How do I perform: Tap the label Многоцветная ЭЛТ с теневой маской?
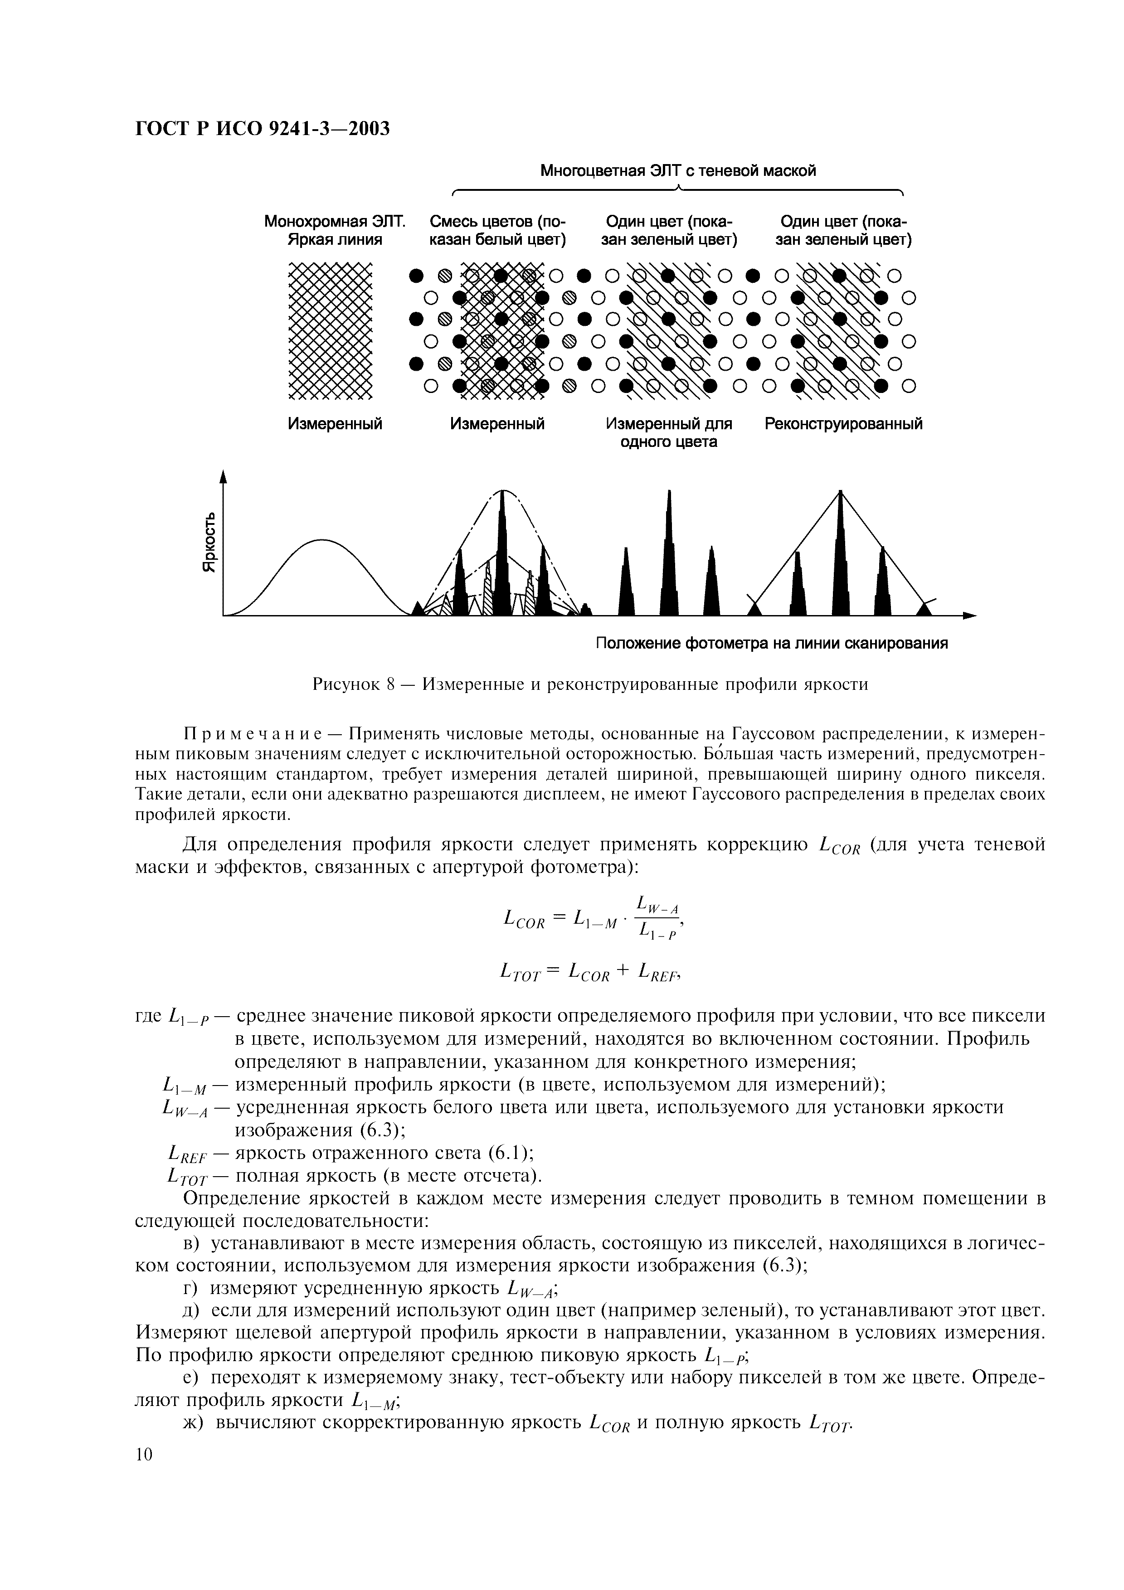coord(678,171)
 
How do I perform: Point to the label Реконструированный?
coord(843,424)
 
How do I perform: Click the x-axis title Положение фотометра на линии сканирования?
coord(772,644)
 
